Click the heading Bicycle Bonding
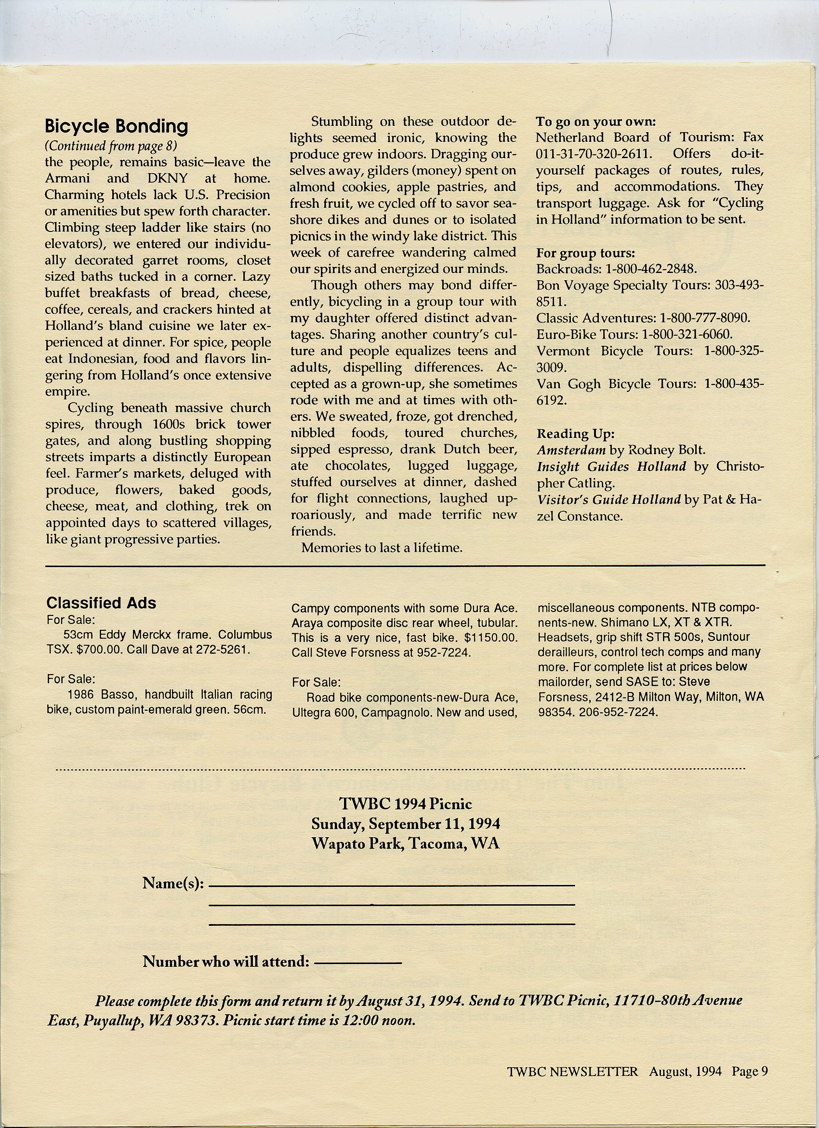point(116,127)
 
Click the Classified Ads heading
point(101,603)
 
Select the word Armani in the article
point(67,178)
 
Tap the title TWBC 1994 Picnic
point(406,804)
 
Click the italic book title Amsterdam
point(571,450)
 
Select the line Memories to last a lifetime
point(382,547)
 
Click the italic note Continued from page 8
point(111,146)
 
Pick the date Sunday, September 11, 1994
point(406,824)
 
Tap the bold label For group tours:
point(585,253)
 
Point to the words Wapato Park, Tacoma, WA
point(406,844)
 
